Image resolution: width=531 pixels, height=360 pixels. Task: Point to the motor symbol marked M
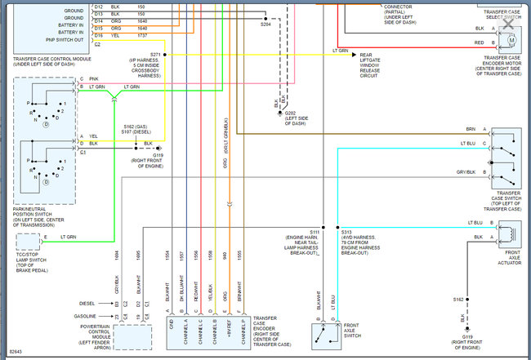(512, 39)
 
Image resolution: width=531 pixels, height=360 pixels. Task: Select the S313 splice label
(346, 233)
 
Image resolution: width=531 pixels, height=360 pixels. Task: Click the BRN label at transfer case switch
(471, 129)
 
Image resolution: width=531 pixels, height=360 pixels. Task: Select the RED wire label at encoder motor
(479, 42)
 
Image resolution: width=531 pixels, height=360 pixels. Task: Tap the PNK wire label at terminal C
(94, 78)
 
